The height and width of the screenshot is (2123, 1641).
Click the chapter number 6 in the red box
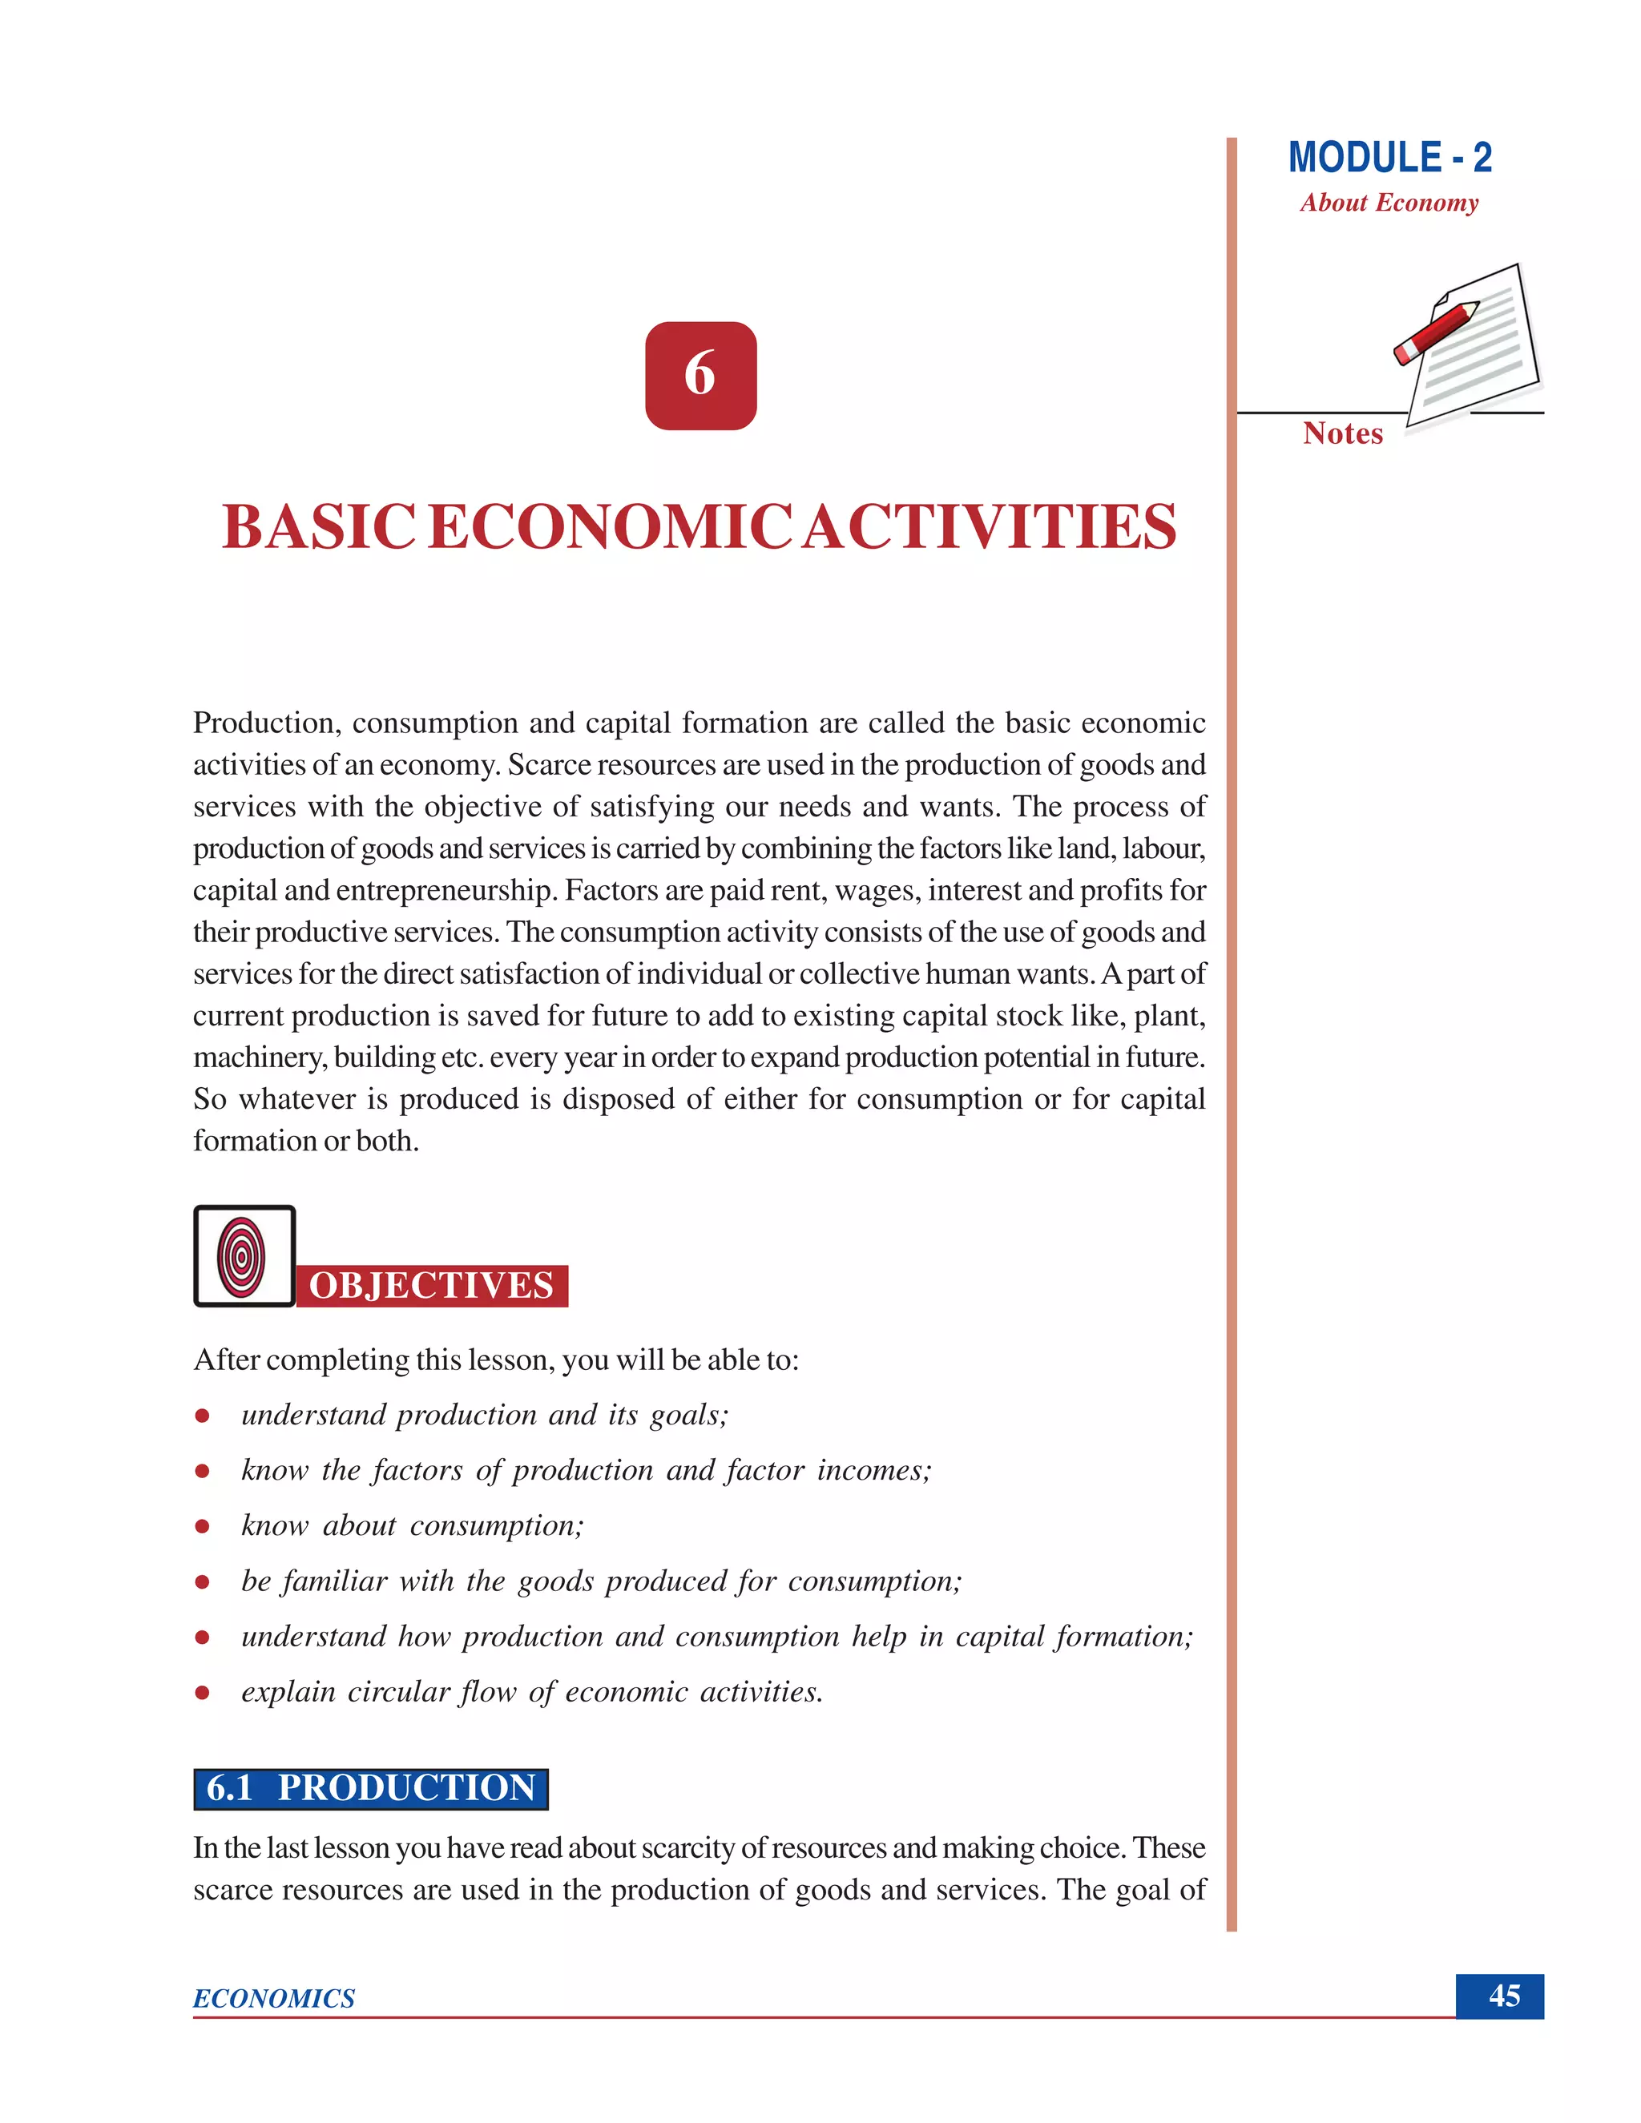[700, 375]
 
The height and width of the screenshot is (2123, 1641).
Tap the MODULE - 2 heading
[1389, 158]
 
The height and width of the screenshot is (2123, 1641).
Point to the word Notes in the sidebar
[1343, 433]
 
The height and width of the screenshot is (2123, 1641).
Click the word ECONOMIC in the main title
[610, 528]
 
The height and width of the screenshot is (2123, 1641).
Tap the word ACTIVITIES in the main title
[990, 528]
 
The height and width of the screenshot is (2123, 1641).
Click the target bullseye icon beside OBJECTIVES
[243, 1256]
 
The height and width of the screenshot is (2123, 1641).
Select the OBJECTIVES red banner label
[432, 1285]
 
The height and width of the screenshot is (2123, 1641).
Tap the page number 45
[1504, 1996]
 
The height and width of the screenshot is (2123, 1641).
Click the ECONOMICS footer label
[274, 1999]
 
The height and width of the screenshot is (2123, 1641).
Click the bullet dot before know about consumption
[202, 1527]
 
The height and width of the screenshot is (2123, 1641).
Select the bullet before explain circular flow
[202, 1694]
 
